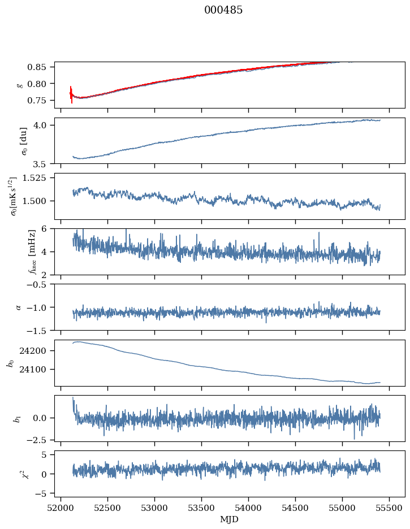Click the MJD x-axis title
[229, 519]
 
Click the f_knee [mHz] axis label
[16, 252]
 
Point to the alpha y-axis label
[19, 307]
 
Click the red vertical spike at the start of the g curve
[71, 94]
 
